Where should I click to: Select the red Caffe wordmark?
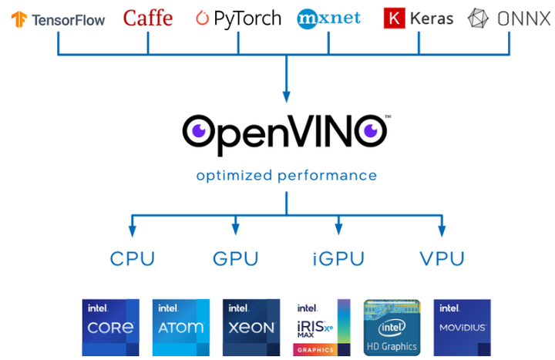148,18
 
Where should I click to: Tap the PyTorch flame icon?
203,18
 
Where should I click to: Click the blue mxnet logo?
328,18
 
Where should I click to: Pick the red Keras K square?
394,19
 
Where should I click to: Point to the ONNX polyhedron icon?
479,19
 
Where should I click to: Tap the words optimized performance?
286,176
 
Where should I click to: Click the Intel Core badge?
110,327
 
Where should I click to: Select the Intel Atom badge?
180,327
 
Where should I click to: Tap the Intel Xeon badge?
251,327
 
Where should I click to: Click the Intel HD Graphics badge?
391,327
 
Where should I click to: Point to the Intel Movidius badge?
462,327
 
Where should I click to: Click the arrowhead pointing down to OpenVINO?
286,97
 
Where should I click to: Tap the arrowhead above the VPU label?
441,230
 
